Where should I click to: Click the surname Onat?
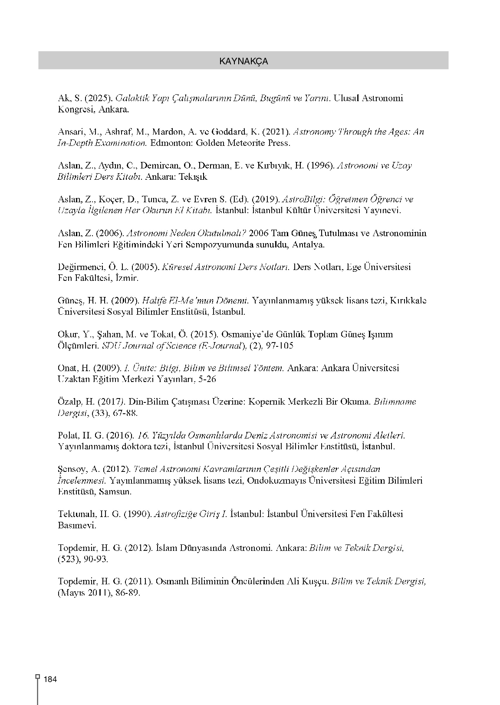pyautogui.click(x=68, y=368)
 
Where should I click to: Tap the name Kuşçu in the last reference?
pyautogui.click(x=314, y=581)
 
